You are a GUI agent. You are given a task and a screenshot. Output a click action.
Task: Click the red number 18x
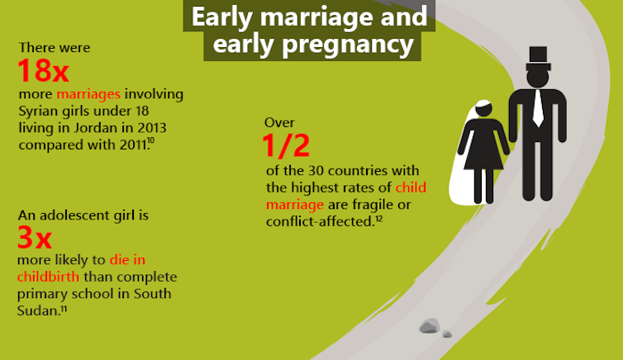tap(43, 71)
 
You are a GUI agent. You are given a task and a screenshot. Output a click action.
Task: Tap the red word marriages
tap(88, 94)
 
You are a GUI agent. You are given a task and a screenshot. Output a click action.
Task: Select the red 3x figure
tap(35, 237)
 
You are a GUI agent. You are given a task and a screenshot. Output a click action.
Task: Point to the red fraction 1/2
tap(286, 145)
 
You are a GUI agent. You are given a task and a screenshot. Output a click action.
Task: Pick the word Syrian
tap(38, 111)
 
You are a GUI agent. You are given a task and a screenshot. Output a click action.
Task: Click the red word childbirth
tap(48, 277)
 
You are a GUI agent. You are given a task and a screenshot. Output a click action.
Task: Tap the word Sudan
tap(37, 310)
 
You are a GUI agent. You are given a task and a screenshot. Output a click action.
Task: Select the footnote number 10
tap(151, 140)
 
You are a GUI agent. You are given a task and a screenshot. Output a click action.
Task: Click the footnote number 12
tap(378, 218)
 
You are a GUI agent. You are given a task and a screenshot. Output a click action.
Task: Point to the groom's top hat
tap(538, 59)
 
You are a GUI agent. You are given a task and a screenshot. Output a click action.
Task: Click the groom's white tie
tap(538, 108)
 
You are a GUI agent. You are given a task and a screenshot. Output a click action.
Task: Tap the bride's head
tap(483, 109)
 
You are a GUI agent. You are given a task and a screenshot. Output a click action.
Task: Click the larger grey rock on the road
tap(430, 325)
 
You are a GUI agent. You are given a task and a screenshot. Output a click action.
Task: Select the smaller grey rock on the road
tap(447, 334)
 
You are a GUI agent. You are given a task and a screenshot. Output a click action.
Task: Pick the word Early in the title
tap(222, 17)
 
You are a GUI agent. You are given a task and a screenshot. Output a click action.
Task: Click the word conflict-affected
tap(321, 221)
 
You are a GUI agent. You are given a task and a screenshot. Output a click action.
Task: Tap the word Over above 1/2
tap(279, 123)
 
